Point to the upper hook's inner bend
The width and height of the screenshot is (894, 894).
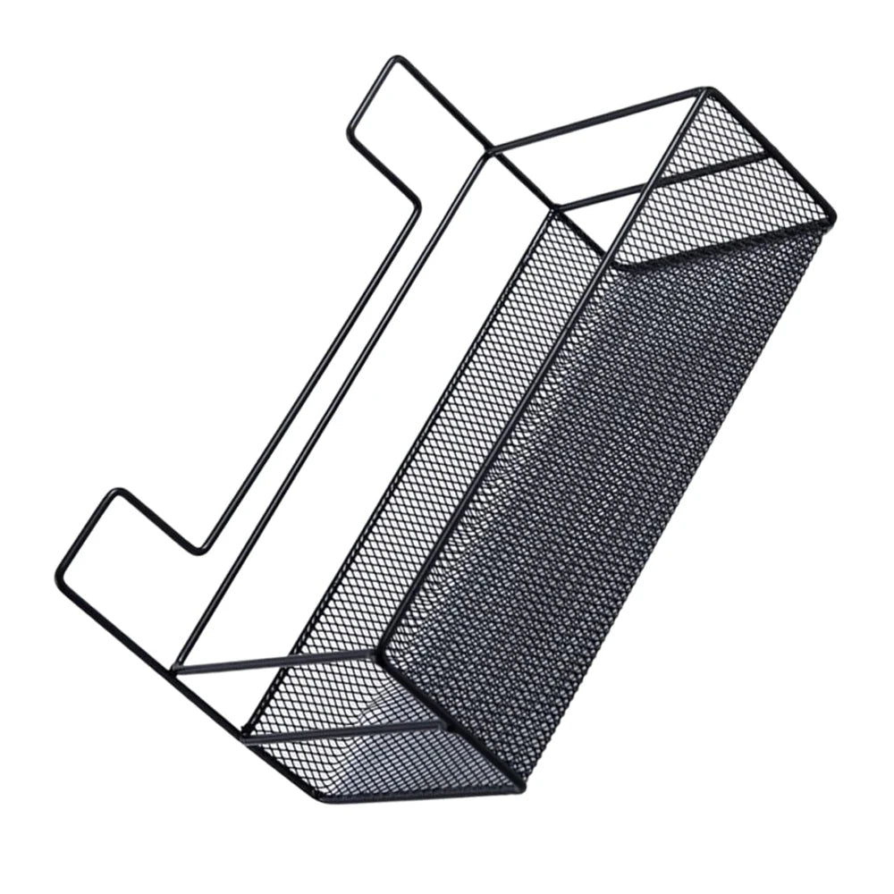point(417,208)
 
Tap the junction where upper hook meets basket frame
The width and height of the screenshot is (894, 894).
point(487,152)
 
